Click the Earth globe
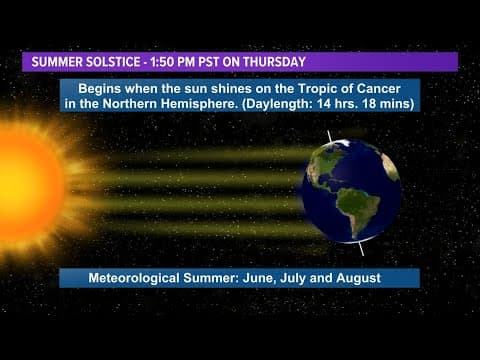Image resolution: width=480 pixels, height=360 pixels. pyautogui.click(x=351, y=190)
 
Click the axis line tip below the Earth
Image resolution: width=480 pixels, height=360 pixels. pyautogui.click(x=362, y=251)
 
